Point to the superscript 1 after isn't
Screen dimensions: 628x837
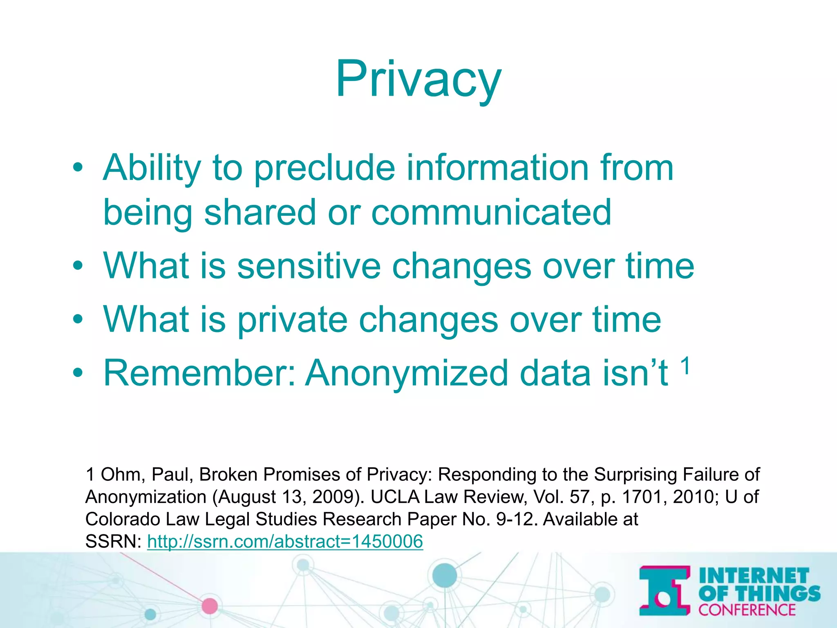(685, 365)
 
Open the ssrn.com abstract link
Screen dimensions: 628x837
(285, 542)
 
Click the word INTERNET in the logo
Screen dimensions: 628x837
(754, 576)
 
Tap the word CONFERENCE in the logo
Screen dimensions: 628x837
(747, 610)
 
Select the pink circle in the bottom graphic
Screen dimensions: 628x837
(210, 606)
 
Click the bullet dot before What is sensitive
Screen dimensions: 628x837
(78, 267)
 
